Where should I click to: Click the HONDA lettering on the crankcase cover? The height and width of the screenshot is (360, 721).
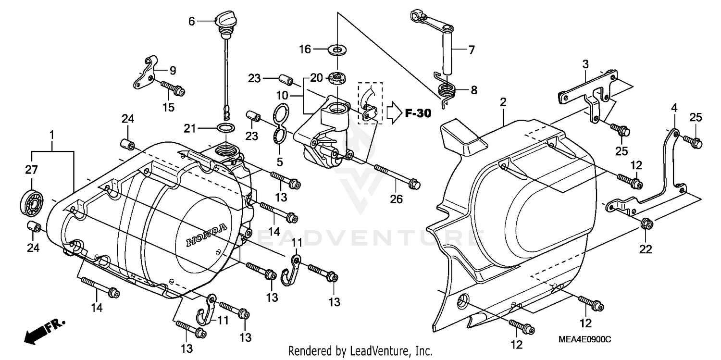206,235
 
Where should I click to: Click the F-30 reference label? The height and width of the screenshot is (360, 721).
418,113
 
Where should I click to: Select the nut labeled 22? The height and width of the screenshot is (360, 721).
646,223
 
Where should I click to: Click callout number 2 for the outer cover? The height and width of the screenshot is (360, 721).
503,102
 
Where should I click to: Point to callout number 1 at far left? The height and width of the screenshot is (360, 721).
52,133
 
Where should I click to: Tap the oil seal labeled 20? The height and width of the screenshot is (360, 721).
336,77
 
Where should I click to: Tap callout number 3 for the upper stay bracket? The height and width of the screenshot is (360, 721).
585,63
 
